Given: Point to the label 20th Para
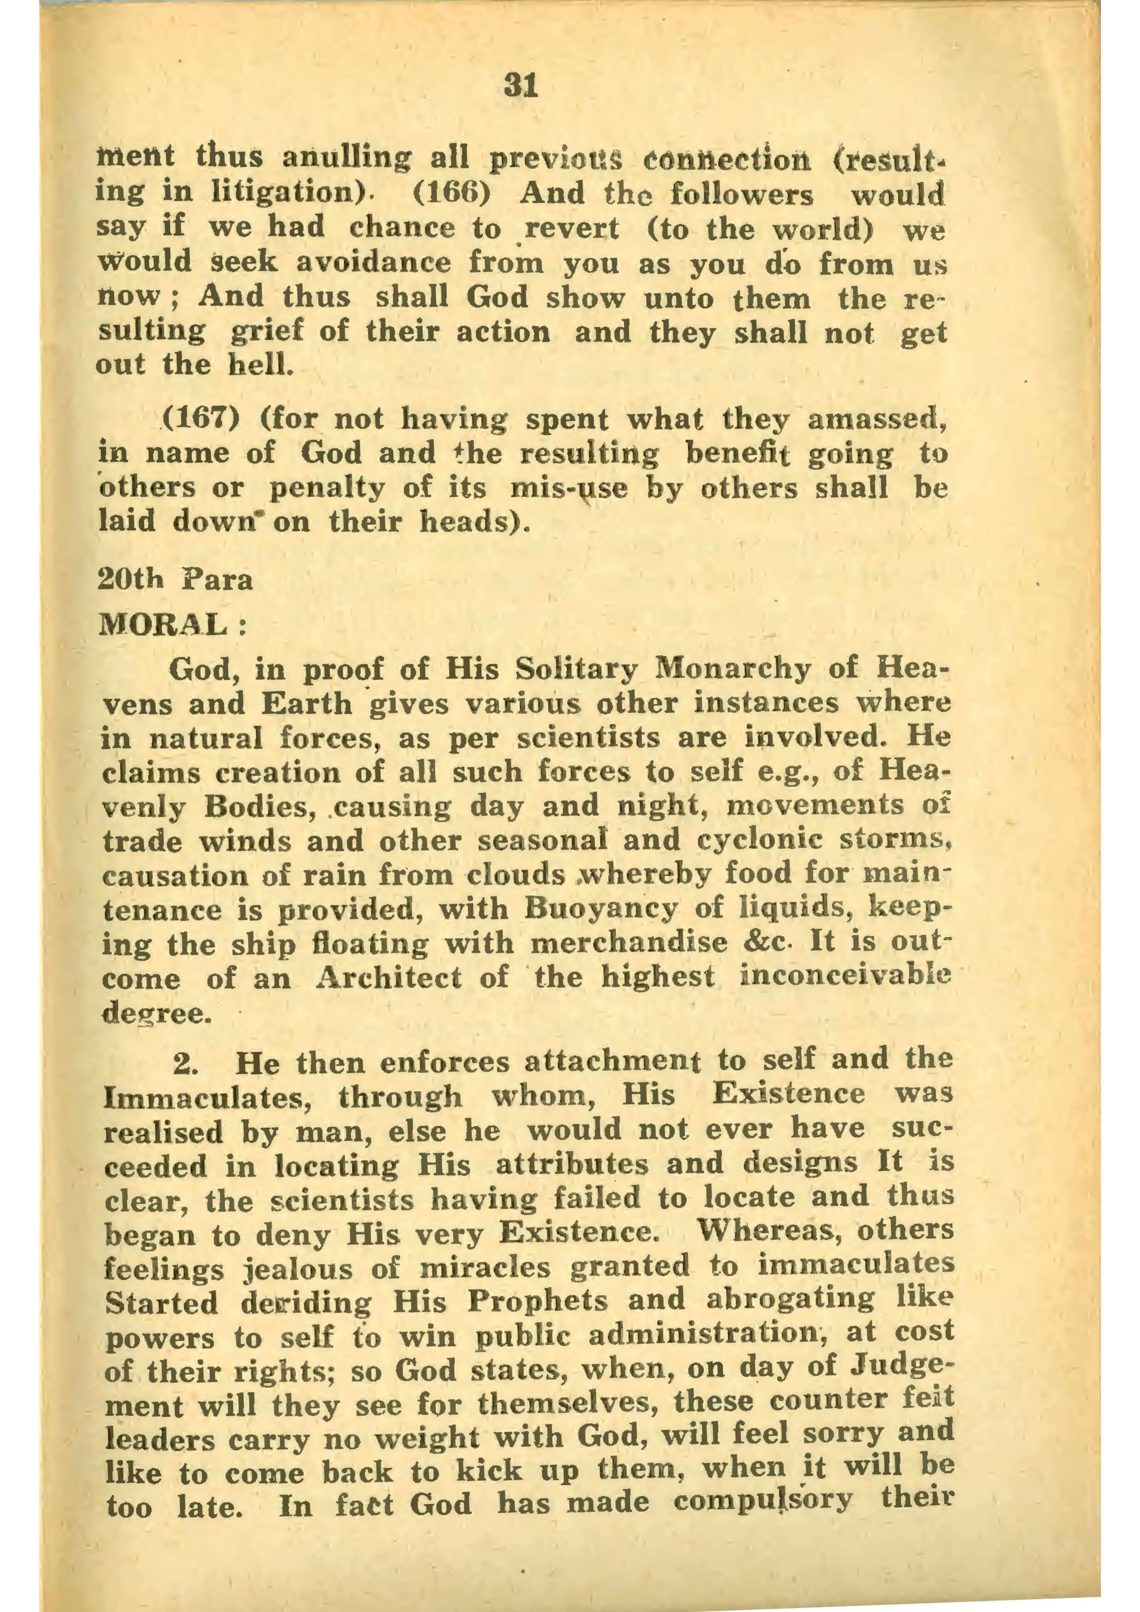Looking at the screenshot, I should click(175, 580).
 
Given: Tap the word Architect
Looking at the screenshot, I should click(387, 977).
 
